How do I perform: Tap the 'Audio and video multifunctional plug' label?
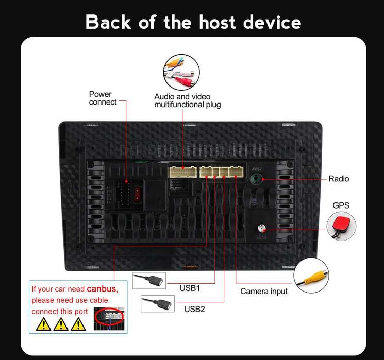click(x=188, y=100)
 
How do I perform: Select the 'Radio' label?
click(x=339, y=179)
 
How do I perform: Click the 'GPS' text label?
click(x=341, y=205)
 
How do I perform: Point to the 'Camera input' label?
click(x=264, y=291)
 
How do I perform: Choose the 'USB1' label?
click(x=190, y=288)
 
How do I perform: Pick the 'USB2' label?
click(x=194, y=309)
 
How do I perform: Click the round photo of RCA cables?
click(x=181, y=72)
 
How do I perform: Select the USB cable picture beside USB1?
click(x=149, y=281)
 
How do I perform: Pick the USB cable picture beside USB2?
click(x=158, y=303)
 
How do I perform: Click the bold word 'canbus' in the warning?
click(x=102, y=289)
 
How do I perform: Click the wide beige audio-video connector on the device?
click(x=182, y=171)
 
